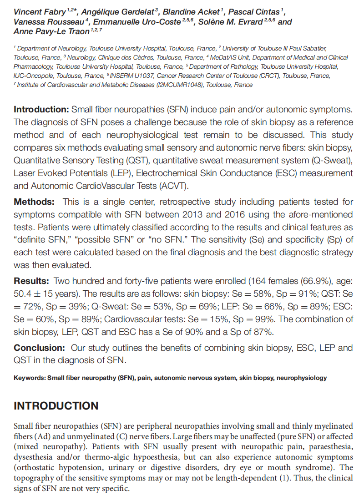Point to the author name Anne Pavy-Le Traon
point(51,31)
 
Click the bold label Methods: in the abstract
point(34,202)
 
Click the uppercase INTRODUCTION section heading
point(56,406)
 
